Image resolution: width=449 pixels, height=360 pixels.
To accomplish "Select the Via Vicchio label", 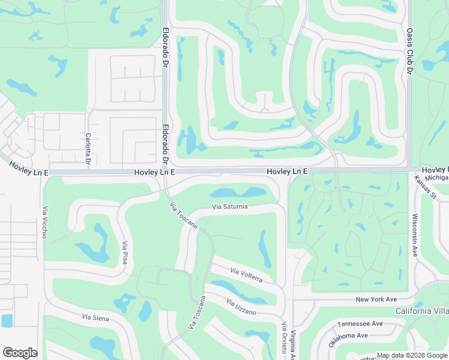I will point(44,223).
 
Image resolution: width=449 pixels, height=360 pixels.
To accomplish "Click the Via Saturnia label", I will point(230,207).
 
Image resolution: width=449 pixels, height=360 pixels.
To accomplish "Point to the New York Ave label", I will point(376,299).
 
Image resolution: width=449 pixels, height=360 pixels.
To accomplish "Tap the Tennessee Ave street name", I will point(360,323).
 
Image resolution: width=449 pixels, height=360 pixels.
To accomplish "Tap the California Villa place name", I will point(422,311).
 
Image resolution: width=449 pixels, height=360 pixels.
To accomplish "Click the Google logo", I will point(20,353).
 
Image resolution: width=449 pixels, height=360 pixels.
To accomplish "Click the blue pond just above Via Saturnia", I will point(238,193).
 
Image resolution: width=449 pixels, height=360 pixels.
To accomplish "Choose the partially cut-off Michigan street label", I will point(438,178).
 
